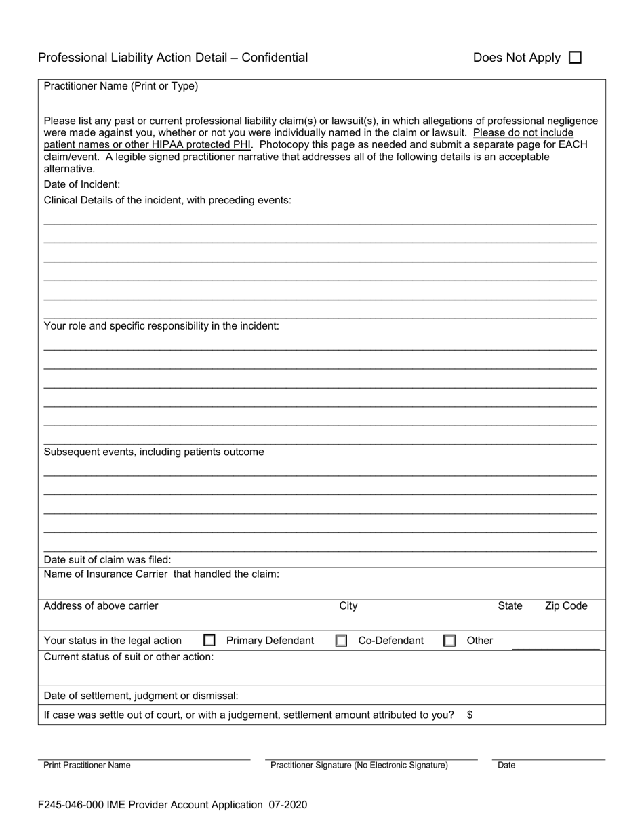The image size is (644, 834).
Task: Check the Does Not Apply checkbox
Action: pyautogui.click(x=575, y=58)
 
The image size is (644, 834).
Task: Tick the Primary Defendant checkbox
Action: pyautogui.click(x=209, y=640)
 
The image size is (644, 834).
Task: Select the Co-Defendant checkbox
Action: pyautogui.click(x=341, y=640)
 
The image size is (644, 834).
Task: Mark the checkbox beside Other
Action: pyautogui.click(x=449, y=640)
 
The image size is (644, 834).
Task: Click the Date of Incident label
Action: pyautogui.click(x=82, y=184)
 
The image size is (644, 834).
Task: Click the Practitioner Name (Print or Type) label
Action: pyautogui.click(x=121, y=86)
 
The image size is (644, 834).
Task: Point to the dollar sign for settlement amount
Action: pyautogui.click(x=470, y=715)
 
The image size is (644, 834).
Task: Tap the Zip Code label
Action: pyautogui.click(x=566, y=606)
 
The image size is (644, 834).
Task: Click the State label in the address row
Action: pyautogui.click(x=510, y=606)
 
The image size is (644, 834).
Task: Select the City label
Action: pyautogui.click(x=348, y=606)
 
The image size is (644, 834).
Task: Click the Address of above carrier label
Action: pyautogui.click(x=101, y=606)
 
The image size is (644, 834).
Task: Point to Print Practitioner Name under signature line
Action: pyautogui.click(x=87, y=765)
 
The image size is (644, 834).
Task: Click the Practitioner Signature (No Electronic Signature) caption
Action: pyautogui.click(x=359, y=765)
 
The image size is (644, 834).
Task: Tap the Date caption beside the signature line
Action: pyautogui.click(x=506, y=765)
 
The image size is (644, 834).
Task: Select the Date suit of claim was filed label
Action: pyautogui.click(x=107, y=560)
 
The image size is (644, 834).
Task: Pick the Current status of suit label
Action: pyautogui.click(x=129, y=656)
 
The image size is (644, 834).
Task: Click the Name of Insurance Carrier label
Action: pyautogui.click(x=161, y=574)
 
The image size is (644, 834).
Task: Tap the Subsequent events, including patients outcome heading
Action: pyautogui.click(x=154, y=452)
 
